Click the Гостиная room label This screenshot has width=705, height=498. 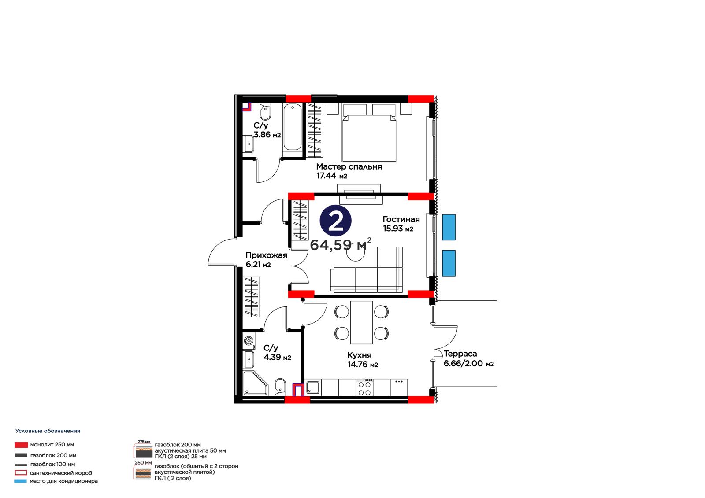point(401,219)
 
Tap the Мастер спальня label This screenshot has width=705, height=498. point(349,167)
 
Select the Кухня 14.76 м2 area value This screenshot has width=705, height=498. point(363,365)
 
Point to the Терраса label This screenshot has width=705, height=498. point(460,354)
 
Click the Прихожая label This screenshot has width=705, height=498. point(266,255)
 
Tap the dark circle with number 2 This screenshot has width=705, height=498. point(335,221)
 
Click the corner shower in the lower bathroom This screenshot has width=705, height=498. point(255,383)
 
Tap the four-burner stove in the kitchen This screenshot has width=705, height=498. point(364,388)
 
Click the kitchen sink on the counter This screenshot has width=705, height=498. point(313,387)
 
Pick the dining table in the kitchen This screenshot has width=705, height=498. point(361,322)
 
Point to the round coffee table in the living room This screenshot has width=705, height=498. point(356,252)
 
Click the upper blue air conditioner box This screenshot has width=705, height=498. point(449,227)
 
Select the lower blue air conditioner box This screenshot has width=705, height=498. point(449,263)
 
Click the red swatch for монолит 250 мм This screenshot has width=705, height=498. point(21,445)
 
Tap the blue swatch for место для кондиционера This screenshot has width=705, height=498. point(20,481)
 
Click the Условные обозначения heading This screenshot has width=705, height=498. point(48,431)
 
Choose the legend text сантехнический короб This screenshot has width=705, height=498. point(61,473)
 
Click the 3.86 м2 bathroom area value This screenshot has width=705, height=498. point(267,135)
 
